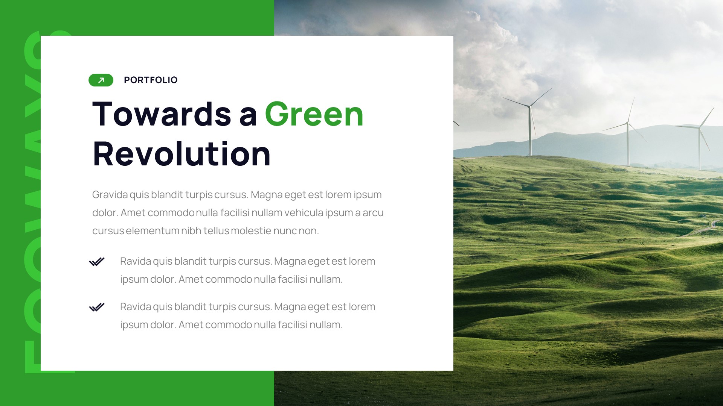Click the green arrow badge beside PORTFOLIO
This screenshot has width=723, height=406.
(101, 80)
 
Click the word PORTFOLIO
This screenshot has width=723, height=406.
(151, 80)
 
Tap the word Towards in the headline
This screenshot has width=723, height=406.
(162, 114)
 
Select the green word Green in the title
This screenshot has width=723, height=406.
(314, 114)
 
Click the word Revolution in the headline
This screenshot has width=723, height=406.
(182, 154)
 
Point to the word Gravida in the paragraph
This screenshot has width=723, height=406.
(110, 195)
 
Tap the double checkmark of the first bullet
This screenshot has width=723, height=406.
(97, 262)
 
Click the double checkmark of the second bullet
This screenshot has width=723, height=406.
(97, 308)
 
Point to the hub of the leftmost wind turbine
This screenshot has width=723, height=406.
(530, 107)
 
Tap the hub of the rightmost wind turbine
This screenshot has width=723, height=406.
(699, 128)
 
